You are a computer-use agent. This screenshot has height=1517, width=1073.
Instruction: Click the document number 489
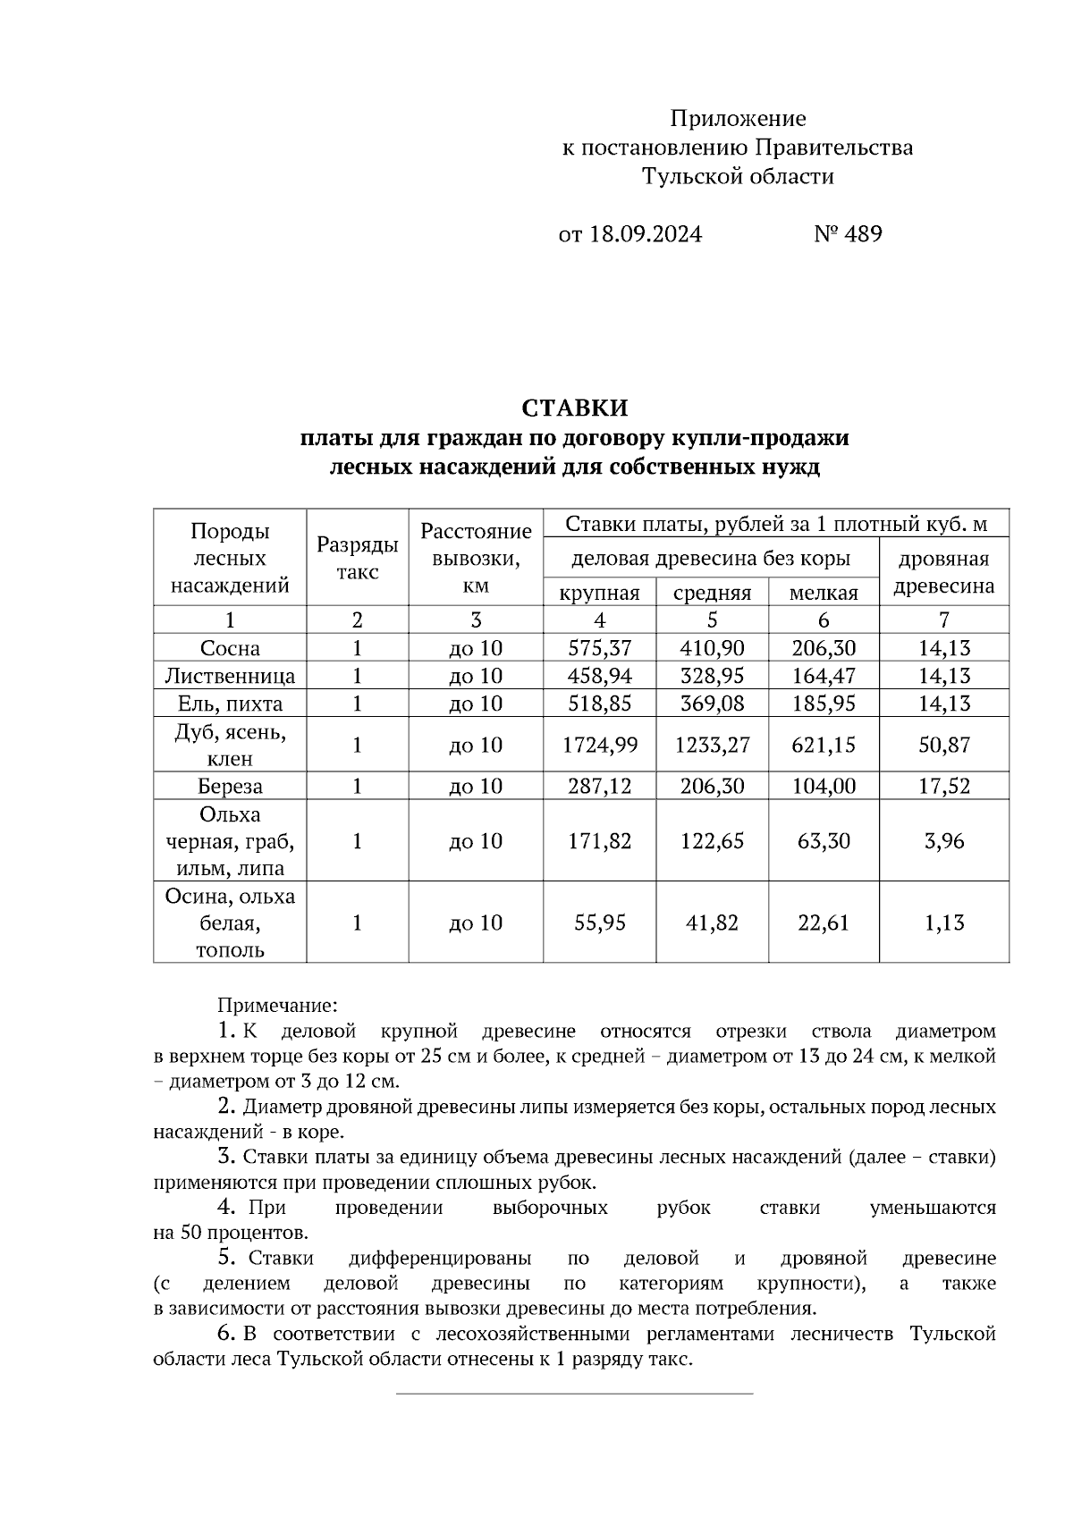pos(862,234)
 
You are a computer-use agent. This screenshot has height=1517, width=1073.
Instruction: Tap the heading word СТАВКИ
pos(575,409)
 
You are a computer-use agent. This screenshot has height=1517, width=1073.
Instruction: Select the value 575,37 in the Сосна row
pos(599,648)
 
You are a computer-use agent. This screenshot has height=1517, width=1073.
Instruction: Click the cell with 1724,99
pos(599,745)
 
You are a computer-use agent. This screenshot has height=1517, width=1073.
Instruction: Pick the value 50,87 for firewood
pos(943,745)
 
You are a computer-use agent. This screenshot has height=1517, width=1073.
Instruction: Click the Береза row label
pos(230,787)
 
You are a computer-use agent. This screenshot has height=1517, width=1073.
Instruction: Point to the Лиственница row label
pos(230,676)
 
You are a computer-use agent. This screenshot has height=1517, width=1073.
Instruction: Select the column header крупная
pos(599,593)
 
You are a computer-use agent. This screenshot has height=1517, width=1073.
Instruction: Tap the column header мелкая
pos(823,593)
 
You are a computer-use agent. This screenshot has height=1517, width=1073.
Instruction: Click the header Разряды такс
pos(358,559)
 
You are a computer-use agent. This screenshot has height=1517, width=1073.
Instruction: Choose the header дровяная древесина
pos(943,572)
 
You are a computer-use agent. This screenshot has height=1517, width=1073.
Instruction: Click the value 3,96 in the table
pos(943,841)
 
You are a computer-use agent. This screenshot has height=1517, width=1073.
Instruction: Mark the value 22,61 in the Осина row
pos(823,923)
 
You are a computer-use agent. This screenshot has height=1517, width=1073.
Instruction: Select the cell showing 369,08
pos(712,704)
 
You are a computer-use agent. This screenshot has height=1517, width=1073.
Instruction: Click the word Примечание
pos(277,1006)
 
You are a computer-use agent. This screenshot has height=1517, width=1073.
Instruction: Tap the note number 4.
pos(227,1208)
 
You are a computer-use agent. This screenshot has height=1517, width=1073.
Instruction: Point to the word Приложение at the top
pos(738,118)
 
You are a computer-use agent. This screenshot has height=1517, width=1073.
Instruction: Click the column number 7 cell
pos(943,619)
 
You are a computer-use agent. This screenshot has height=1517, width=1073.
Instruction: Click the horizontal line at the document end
pos(574,1393)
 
